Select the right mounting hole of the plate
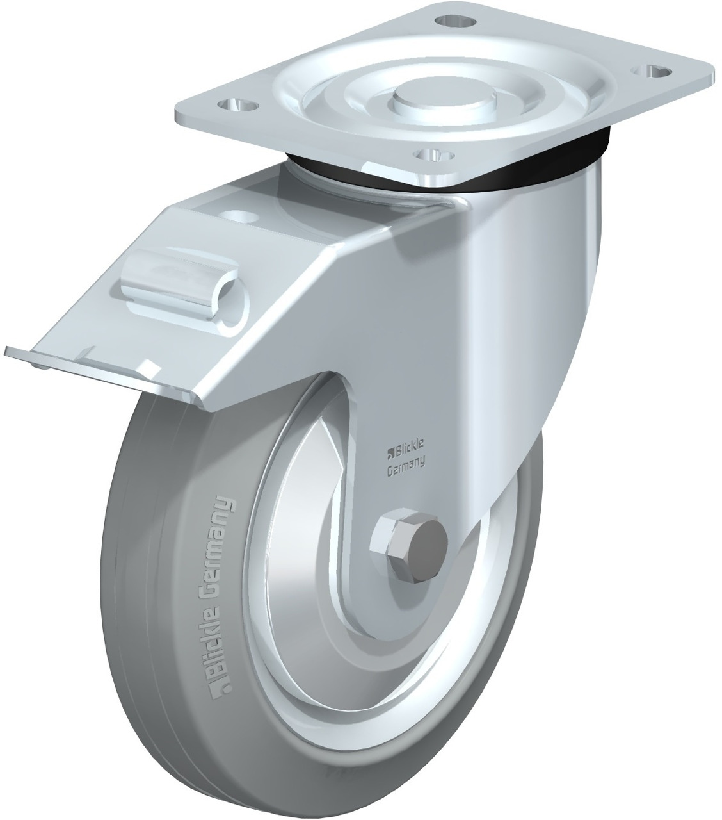pyautogui.click(x=651, y=71)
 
